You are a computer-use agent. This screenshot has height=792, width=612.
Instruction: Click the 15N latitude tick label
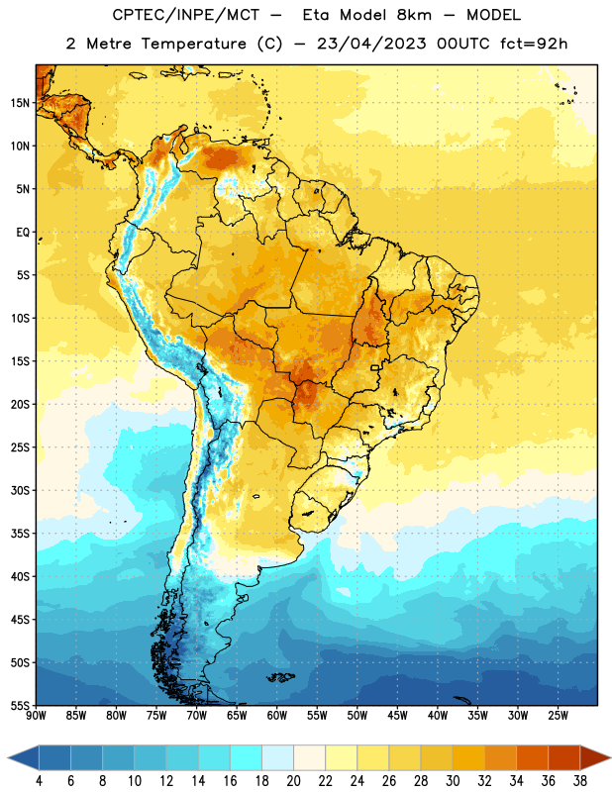click(20, 103)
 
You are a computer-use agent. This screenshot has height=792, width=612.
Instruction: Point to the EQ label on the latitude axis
click(23, 233)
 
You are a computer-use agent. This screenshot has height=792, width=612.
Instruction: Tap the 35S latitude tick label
click(20, 534)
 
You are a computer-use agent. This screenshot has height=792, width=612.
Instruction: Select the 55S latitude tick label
click(20, 705)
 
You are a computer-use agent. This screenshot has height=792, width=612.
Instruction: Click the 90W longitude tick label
click(36, 716)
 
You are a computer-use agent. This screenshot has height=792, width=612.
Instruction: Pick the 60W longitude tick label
click(277, 716)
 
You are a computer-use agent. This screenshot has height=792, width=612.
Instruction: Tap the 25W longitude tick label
click(558, 716)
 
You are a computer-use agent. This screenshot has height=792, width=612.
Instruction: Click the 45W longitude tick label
click(397, 716)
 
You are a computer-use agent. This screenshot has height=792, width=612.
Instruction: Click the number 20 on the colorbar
click(293, 781)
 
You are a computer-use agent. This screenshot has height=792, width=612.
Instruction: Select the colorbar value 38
click(580, 781)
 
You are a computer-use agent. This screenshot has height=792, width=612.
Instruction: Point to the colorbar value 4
click(39, 781)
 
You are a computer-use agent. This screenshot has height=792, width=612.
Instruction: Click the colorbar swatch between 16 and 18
click(247, 757)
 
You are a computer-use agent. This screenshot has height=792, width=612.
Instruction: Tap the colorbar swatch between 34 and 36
click(532, 757)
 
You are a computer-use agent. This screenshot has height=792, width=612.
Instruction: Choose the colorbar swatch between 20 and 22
click(309, 757)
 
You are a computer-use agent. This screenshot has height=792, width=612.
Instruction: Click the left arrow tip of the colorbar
click(8, 757)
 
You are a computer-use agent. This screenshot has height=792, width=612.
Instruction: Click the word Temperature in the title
click(193, 44)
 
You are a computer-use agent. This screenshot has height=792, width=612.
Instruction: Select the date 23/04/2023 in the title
click(372, 44)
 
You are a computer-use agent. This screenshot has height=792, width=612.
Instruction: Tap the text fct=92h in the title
click(534, 44)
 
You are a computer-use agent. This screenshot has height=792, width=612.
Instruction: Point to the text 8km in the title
click(414, 15)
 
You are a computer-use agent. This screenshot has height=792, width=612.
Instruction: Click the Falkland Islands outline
click(280, 677)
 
